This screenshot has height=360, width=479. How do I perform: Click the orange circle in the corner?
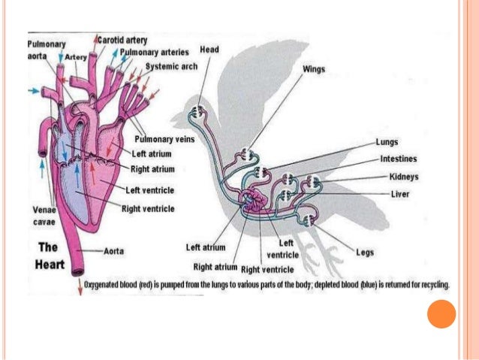coord(441,313)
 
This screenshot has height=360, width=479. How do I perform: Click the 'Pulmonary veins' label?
coord(164,139)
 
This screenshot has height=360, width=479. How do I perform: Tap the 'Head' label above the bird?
coord(209,49)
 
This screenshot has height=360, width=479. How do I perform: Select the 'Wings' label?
coord(314,68)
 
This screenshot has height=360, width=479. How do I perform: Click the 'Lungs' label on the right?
coord(387,141)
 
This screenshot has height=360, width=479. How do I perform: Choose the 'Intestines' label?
coord(399,159)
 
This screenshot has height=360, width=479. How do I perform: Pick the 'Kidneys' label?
coord(404,177)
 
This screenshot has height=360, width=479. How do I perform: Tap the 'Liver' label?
coord(400,193)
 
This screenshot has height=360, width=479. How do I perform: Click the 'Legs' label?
coord(366,253)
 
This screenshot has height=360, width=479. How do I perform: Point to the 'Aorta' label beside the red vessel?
coord(115,250)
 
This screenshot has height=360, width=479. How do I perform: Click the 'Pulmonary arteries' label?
coord(155,52)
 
